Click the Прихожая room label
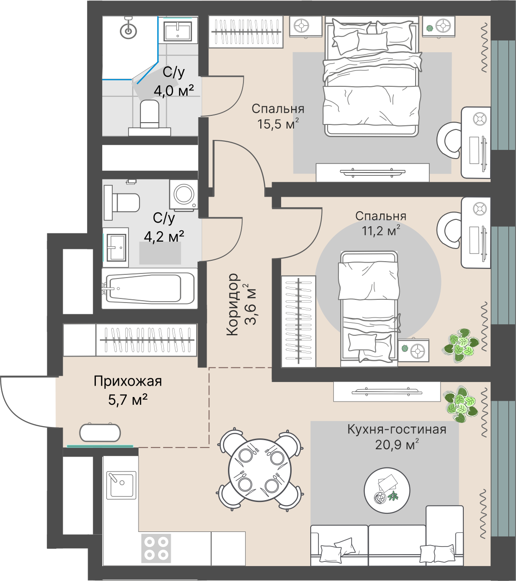coord(128,382)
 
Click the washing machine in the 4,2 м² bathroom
coord(184,194)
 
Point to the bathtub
coord(149,288)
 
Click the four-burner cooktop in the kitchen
coord(156,548)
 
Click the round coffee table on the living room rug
coord(387,491)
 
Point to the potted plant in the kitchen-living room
coord(461,404)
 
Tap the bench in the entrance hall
coord(100,432)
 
